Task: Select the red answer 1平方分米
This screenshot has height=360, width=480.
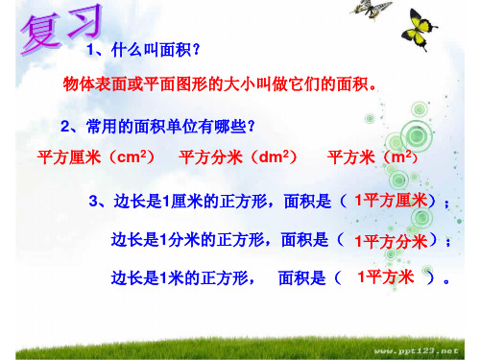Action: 391,240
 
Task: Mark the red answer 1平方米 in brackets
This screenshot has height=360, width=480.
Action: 385,277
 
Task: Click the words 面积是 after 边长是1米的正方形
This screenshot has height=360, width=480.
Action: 300,278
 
